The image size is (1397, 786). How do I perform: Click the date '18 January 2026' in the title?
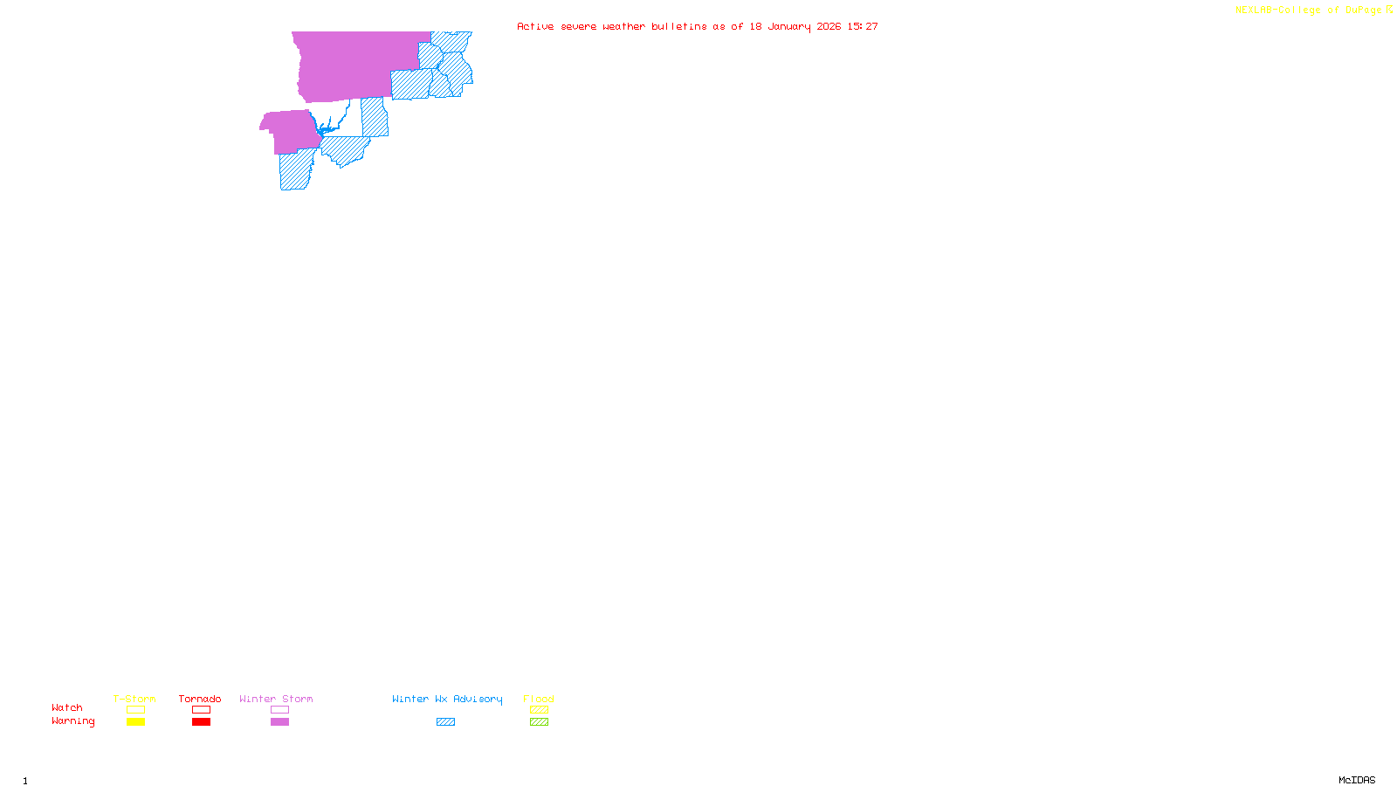(x=795, y=26)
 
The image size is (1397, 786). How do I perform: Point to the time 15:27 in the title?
(x=863, y=26)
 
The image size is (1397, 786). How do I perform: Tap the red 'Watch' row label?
(x=67, y=708)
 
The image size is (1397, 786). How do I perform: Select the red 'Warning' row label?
(x=72, y=721)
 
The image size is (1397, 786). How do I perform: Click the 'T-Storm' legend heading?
(x=134, y=699)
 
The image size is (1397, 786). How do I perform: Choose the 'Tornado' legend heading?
(x=200, y=699)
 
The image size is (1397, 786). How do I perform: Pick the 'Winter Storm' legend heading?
(x=276, y=699)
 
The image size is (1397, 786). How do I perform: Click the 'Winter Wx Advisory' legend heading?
(x=447, y=699)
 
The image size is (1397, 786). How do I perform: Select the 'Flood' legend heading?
(x=539, y=699)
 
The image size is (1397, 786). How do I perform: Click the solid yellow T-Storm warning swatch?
(x=135, y=722)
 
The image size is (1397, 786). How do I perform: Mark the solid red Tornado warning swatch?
(x=201, y=722)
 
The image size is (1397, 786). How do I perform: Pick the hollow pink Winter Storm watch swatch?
(x=279, y=710)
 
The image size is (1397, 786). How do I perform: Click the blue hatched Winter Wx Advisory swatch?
(x=445, y=722)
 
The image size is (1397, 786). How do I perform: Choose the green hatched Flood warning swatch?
(x=539, y=722)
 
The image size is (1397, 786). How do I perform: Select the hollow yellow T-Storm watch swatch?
(x=135, y=710)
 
